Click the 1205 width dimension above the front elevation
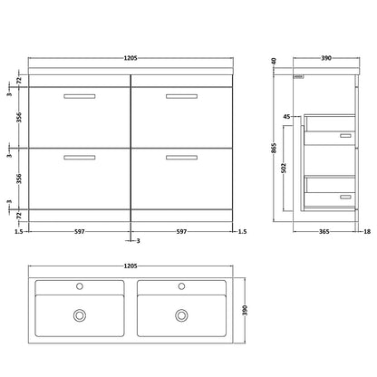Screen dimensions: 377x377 130,58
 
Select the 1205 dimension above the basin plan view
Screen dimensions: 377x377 130,266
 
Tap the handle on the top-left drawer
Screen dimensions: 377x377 80,96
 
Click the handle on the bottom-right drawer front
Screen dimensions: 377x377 181,158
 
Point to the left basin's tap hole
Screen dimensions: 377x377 80,286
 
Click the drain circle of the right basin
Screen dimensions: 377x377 181,315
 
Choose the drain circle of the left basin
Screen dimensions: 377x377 80,315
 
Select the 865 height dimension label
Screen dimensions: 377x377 274,148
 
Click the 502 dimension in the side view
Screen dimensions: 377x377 284,169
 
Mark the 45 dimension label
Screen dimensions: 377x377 286,117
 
